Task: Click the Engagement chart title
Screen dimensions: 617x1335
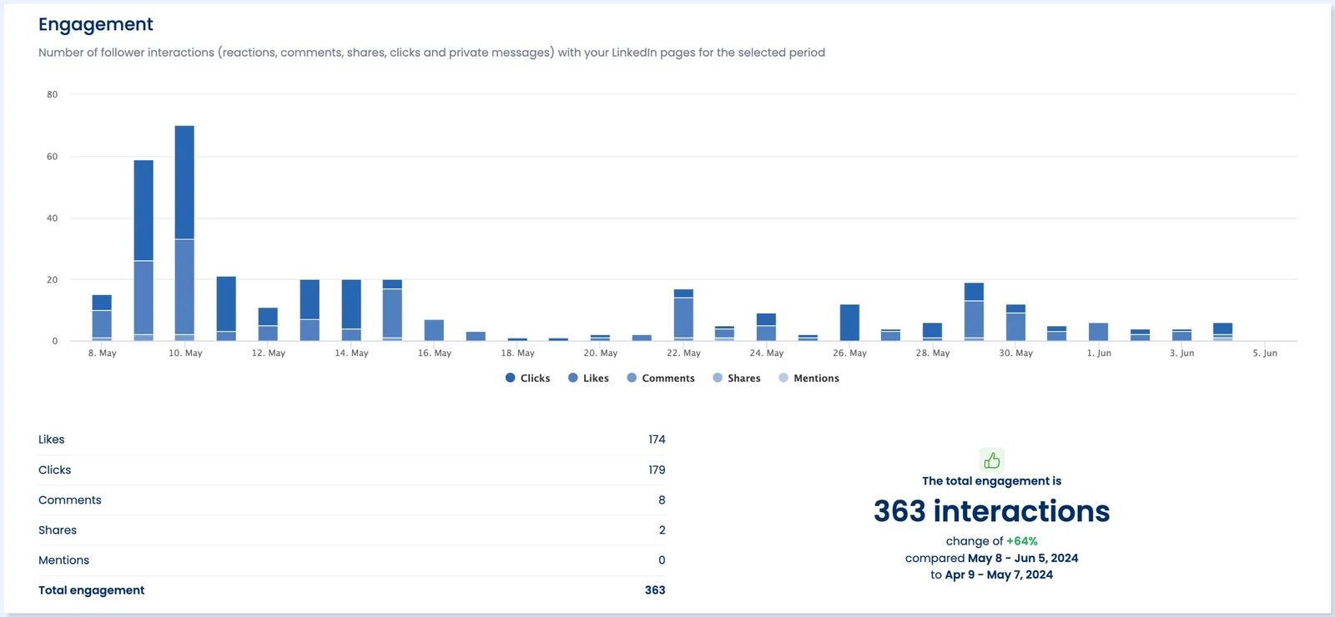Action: click(95, 24)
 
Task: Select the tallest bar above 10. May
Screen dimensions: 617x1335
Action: click(184, 233)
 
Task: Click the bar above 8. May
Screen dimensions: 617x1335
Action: click(102, 319)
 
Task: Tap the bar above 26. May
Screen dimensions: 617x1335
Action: click(849, 323)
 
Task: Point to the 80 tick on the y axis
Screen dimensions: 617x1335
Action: click(53, 94)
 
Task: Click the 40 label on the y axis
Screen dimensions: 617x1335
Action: click(53, 218)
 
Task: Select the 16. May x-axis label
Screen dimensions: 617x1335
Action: click(434, 354)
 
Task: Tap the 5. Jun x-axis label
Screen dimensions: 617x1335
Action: click(1264, 354)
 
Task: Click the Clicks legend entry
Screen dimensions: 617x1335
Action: click(528, 379)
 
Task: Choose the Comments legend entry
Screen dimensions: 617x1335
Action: click(661, 379)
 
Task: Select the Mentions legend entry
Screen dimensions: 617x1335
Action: click(809, 379)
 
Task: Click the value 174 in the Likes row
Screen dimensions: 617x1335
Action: click(657, 439)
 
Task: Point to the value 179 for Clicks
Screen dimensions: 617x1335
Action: click(657, 470)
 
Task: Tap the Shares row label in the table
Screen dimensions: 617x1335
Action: click(58, 530)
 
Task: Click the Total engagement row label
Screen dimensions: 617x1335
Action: click(91, 590)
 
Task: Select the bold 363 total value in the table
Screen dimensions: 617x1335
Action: click(655, 590)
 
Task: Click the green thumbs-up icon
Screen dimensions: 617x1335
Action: click(991, 460)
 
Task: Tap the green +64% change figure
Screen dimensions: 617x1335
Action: click(1021, 541)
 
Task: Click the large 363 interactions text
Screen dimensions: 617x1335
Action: click(991, 511)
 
